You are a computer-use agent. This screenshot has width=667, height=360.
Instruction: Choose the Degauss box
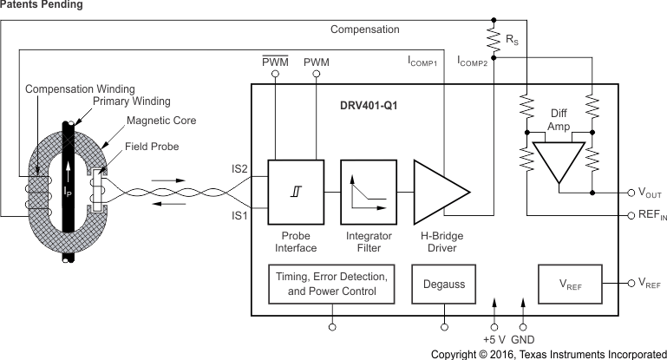445,284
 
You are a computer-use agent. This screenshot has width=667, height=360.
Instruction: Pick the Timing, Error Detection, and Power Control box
331,284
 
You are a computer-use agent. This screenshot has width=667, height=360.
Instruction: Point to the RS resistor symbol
493,39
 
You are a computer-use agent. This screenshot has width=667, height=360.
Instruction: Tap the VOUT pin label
647,194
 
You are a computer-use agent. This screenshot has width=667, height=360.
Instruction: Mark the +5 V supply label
494,339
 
